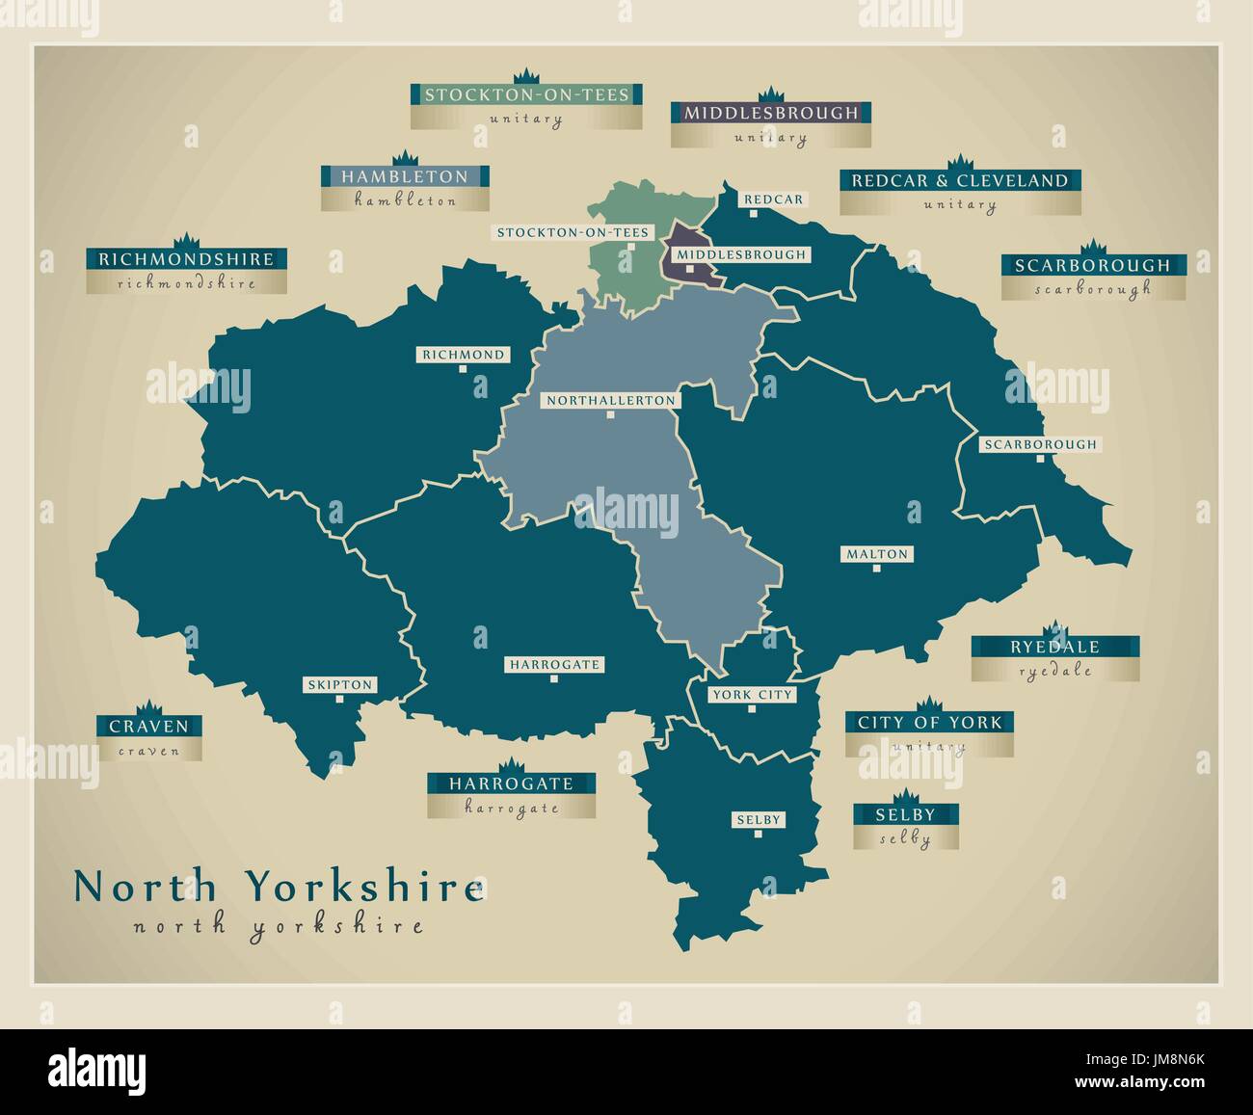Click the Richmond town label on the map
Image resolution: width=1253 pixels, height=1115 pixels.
[464, 355]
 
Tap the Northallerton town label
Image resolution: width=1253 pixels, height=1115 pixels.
[610, 400]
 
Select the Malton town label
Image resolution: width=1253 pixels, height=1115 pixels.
[876, 554]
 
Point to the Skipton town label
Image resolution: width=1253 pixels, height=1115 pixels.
[339, 685]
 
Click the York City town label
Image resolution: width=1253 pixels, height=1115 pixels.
[752, 695]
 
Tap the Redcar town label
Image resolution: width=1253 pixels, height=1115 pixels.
[773, 199]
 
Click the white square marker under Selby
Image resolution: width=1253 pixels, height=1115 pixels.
[758, 835]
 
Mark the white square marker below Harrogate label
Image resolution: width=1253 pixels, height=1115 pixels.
[554, 678]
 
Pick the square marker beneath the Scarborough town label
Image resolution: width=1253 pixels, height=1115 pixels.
[1039, 459]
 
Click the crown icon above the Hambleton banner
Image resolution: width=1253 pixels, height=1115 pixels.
[404, 157]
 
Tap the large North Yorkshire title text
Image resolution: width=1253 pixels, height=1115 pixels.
[279, 887]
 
